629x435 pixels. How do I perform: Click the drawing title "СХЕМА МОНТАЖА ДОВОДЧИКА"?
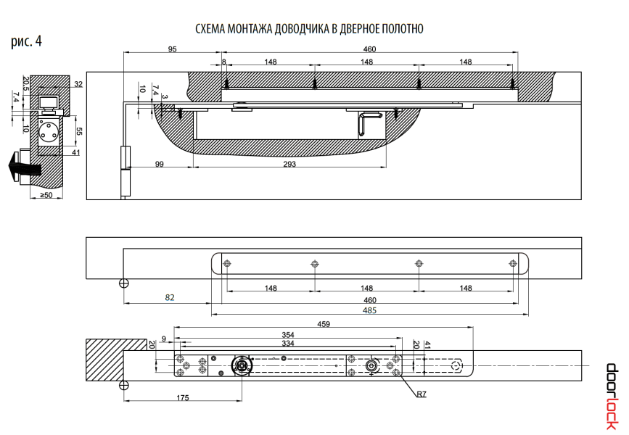309,28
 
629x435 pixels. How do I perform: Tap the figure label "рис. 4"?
26,41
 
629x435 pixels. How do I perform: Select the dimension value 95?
172,49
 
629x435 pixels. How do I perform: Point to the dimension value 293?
289,165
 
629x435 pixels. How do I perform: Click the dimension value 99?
160,165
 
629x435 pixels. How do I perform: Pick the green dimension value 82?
170,297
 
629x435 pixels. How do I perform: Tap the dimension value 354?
288,334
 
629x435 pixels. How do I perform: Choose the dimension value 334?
288,343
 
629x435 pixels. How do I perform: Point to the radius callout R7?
422,395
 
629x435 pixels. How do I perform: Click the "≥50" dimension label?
45,195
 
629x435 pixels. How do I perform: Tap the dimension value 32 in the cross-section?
78,85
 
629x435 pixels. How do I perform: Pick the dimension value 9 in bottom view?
164,339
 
